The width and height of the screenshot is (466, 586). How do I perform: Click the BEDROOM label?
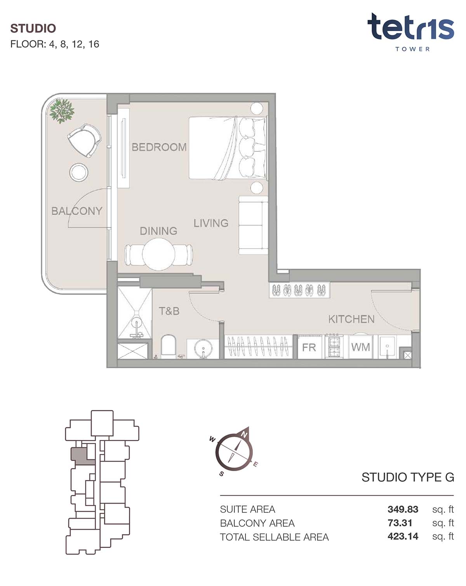coord(159,147)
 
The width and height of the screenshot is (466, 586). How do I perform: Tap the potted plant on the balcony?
coord(62,111)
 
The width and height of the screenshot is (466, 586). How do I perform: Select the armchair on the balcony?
coord(84,140)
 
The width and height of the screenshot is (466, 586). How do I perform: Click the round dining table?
coord(158,254)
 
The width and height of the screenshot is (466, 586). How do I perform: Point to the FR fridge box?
coord(310,347)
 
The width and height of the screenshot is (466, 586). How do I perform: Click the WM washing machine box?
coord(361,347)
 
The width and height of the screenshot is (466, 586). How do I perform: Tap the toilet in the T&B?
coord(169,347)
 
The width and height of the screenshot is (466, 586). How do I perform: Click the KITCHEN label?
coord(351,319)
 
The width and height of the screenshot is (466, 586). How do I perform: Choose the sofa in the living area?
coord(253,225)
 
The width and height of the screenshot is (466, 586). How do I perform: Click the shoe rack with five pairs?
coord(299,290)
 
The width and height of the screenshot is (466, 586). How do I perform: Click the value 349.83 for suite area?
coord(403,509)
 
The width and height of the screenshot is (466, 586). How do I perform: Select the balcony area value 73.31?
coord(400,523)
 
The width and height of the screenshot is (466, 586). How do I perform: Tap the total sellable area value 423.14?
coord(403,536)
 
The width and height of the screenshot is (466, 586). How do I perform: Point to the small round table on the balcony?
coord(79,172)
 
